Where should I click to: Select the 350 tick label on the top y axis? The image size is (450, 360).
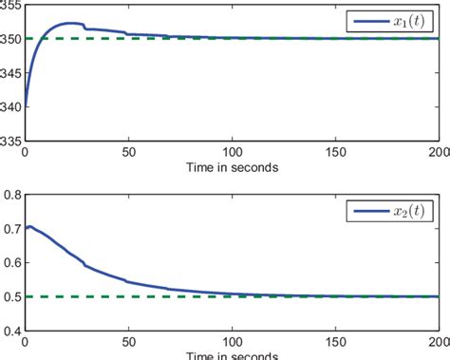coord(11,39)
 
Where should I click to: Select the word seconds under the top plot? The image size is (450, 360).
coord(255,167)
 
